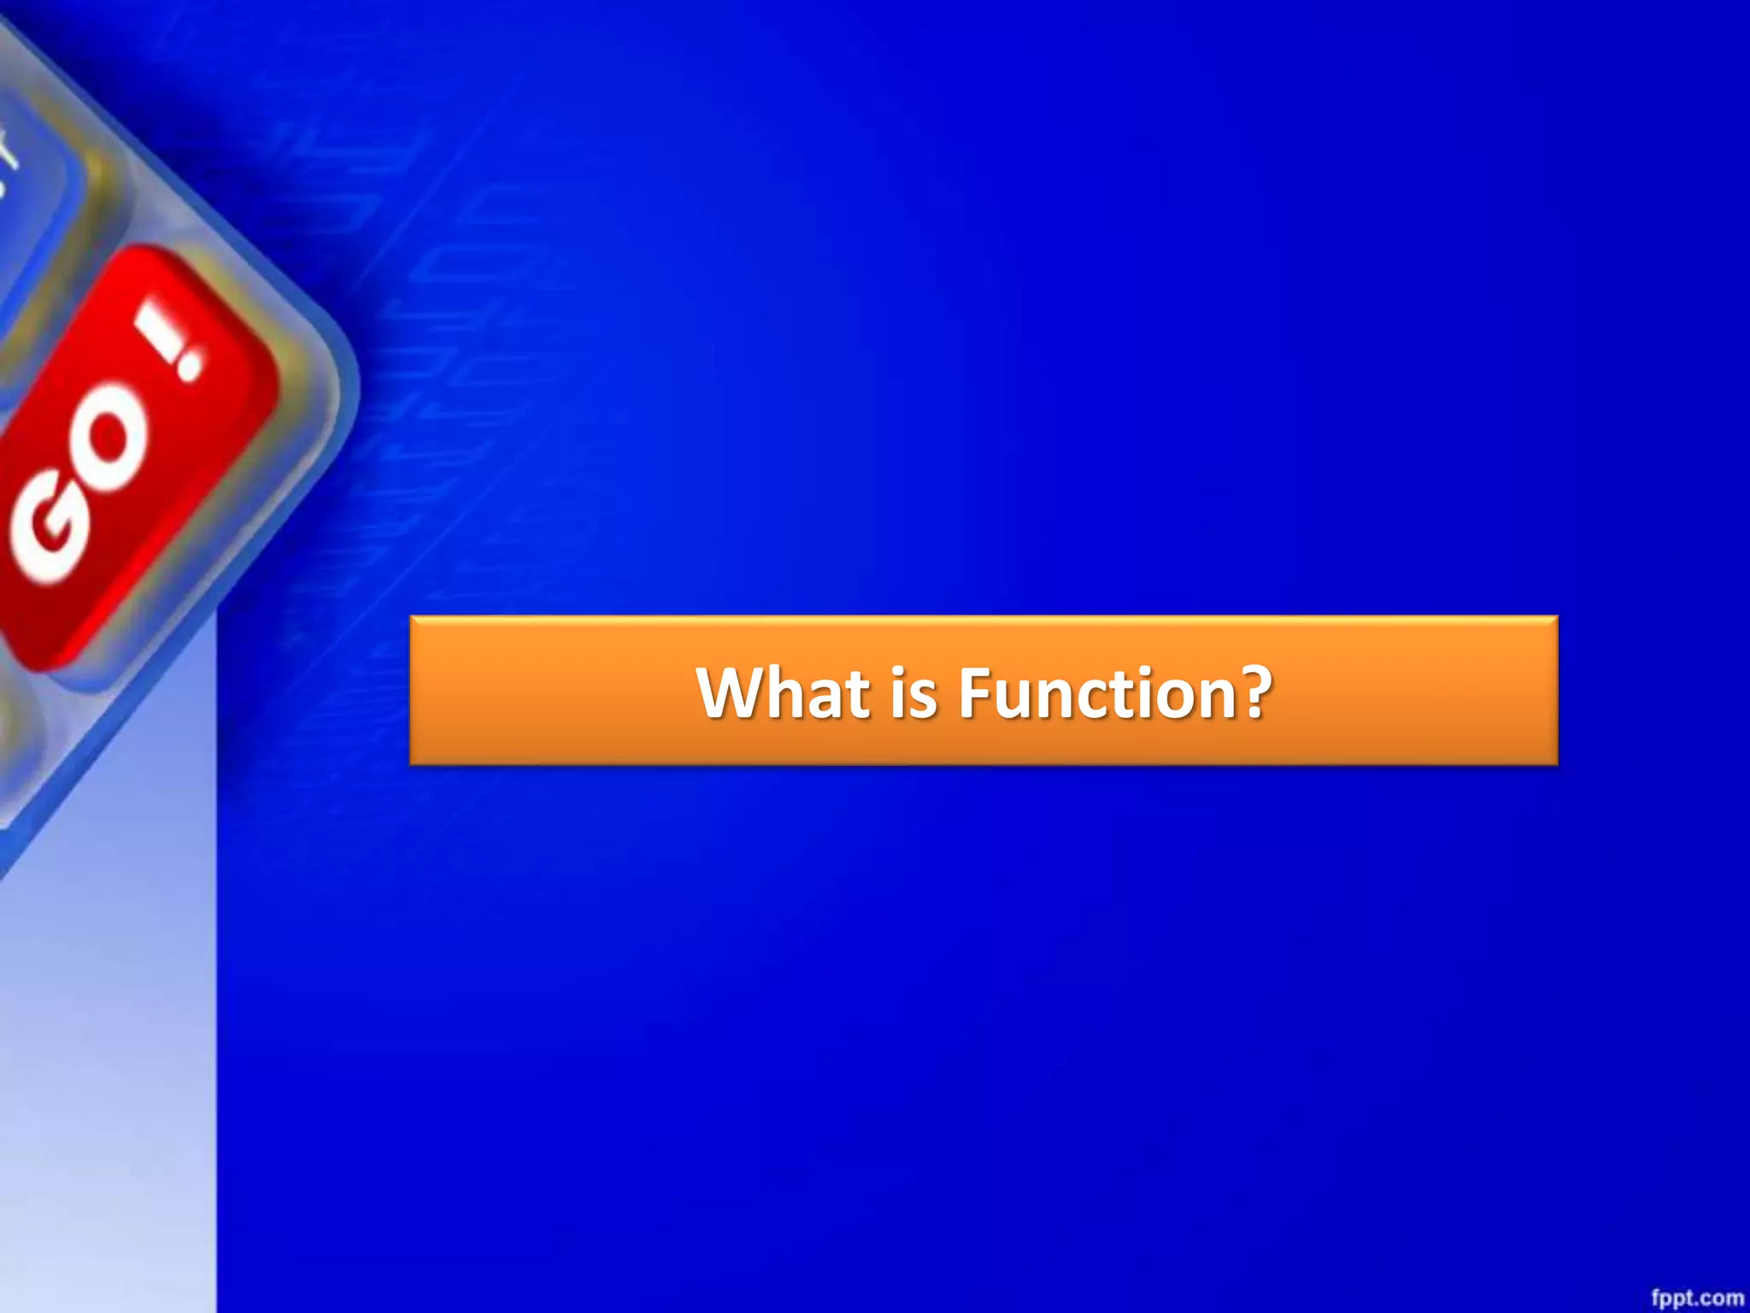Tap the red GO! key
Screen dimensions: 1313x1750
(x=128, y=453)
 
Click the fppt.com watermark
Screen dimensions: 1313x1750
(x=1697, y=1298)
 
